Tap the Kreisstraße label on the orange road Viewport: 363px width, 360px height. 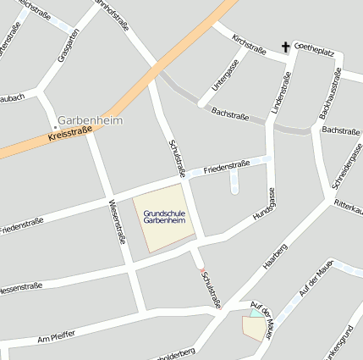[x=70, y=134]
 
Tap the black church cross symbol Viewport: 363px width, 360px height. [x=287, y=47]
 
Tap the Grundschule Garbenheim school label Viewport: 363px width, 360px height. [x=165, y=217]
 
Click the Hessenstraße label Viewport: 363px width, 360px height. [x=21, y=287]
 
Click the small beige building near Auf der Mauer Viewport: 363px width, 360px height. [x=254, y=328]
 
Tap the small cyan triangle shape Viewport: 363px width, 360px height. [x=256, y=313]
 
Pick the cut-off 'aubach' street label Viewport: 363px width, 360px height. [x=13, y=98]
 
